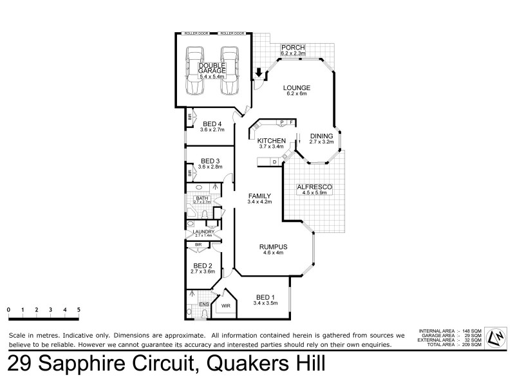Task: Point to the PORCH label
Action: tap(292, 48)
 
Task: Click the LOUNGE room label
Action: tap(297, 87)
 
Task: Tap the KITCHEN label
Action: tap(271, 140)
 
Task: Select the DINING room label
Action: tap(321, 136)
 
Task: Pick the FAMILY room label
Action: tap(259, 196)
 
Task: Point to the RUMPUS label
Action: tap(273, 247)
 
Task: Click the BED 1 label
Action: tap(264, 297)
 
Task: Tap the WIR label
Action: tap(225, 306)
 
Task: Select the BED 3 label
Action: tap(211, 161)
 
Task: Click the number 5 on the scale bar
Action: tap(79, 309)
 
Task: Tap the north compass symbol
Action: tap(496, 338)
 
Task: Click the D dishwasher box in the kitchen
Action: tap(274, 161)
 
